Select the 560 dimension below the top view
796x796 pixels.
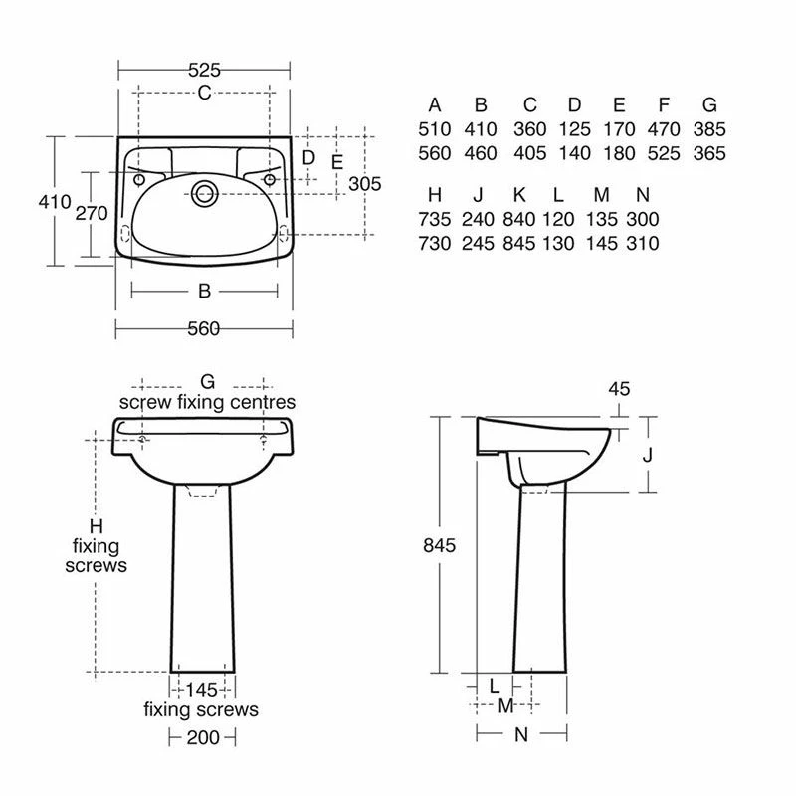pyautogui.click(x=203, y=330)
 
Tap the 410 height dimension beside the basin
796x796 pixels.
pyautogui.click(x=55, y=202)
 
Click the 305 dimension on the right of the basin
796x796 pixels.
pyautogui.click(x=365, y=184)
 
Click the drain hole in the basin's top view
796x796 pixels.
pyautogui.click(x=206, y=192)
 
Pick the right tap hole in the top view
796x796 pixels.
pyautogui.click(x=270, y=179)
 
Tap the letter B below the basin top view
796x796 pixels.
pyautogui.click(x=204, y=292)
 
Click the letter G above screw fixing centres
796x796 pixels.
pyautogui.click(x=207, y=381)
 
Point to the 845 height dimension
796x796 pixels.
pyautogui.click(x=439, y=545)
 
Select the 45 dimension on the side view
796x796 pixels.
pyautogui.click(x=619, y=389)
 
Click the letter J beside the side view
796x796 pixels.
pyautogui.click(x=647, y=456)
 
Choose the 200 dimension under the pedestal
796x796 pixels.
pyautogui.click(x=204, y=737)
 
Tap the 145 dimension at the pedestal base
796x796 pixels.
pyautogui.click(x=203, y=689)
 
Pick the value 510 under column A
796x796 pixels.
pyautogui.click(x=435, y=129)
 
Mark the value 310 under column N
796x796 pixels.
pyautogui.click(x=643, y=243)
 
